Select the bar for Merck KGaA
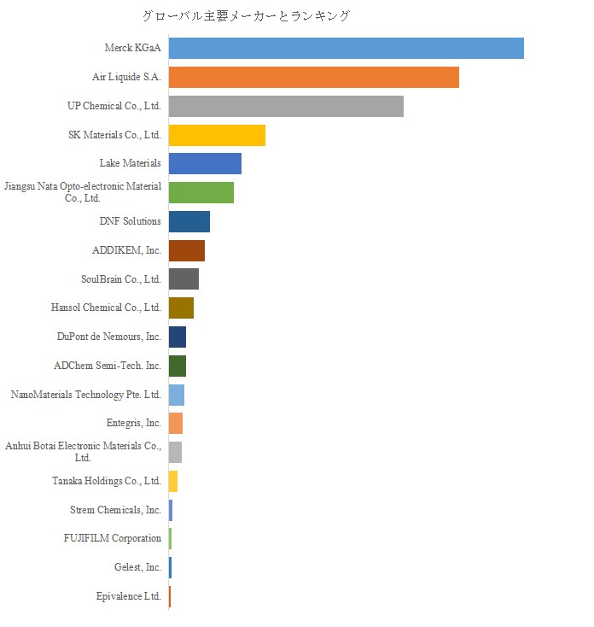coord(346,48)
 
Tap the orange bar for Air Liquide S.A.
coord(313,77)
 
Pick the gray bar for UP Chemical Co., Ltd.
coord(286,106)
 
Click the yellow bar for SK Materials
coord(217,135)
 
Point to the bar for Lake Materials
coord(205,163)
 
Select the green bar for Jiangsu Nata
coord(201,192)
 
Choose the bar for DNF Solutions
coord(189,221)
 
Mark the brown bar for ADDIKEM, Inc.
coord(187,250)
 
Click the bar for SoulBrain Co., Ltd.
coord(183,278)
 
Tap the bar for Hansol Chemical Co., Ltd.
coord(181,308)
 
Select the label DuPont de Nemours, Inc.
coord(109,337)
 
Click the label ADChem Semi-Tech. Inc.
coord(108,366)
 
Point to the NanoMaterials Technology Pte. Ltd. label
coord(86,395)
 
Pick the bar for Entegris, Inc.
coord(176,423)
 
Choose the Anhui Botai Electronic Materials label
coord(83,452)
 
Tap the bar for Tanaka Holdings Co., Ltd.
coord(173,481)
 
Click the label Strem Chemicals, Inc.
coord(116,510)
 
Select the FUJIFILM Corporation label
coord(113,538)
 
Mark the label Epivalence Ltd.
coord(129,596)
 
